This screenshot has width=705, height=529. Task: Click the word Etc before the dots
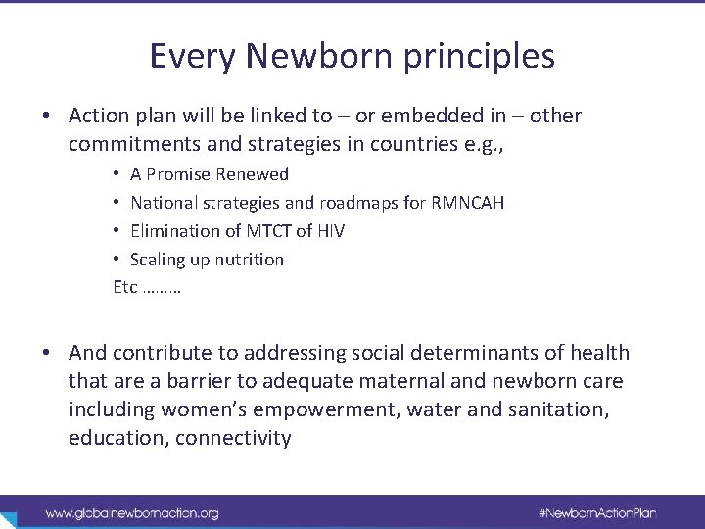click(x=125, y=288)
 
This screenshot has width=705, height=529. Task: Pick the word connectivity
click(x=233, y=438)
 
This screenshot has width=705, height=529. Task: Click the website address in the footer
click(x=131, y=512)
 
